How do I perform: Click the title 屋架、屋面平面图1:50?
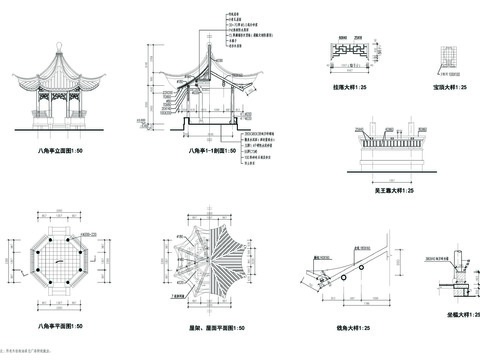213,327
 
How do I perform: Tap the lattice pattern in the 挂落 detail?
352,46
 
